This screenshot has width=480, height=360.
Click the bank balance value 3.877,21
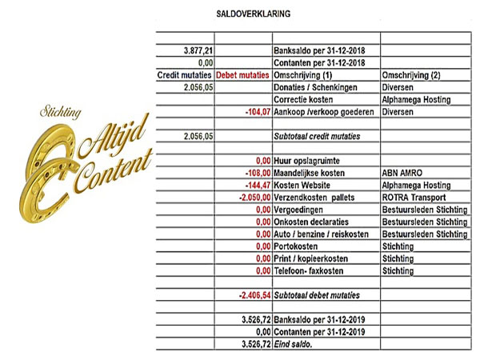pos(198,50)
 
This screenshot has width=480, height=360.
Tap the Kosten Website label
pos(303,185)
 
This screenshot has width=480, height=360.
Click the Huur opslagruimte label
pos(307,160)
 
